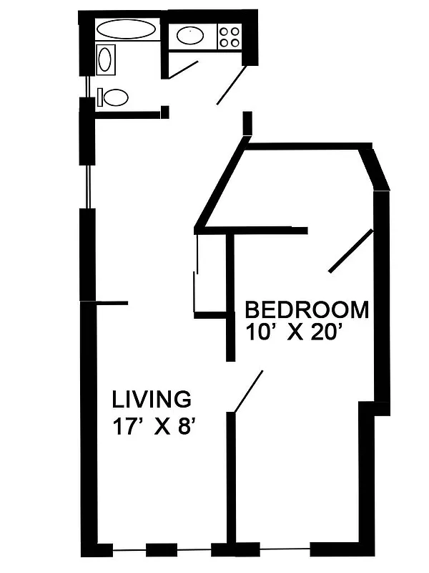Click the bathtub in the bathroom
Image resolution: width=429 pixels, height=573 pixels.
click(126, 29)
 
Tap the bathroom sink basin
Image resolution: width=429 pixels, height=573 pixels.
click(106, 59)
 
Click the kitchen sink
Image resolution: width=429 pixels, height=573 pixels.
click(189, 34)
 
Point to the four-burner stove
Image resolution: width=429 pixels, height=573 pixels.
click(230, 36)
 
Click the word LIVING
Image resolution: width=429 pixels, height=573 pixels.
click(152, 398)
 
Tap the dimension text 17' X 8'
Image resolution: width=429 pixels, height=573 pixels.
click(154, 427)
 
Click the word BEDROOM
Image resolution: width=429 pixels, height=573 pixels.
click(307, 310)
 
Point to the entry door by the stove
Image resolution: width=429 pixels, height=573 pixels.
click(232, 85)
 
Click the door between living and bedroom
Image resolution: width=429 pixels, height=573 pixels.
click(248, 392)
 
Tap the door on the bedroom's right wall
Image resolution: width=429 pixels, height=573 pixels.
click(350, 251)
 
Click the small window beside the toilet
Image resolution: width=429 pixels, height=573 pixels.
click(88, 85)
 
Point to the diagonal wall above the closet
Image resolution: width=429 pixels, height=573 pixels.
click(220, 185)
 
